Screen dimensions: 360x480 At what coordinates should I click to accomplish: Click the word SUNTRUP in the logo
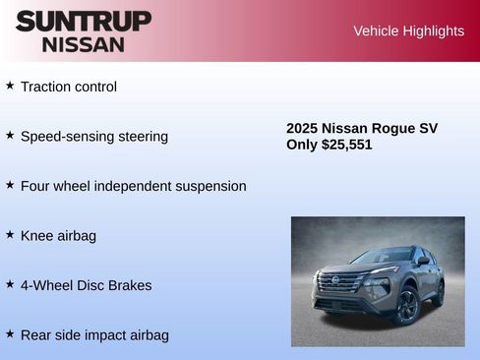coord(83,21)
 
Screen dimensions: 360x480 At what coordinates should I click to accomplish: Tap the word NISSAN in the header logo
coord(83,44)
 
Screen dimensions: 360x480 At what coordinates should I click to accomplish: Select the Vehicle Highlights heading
coord(408,30)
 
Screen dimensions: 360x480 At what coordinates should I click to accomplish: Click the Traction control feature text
coord(68,87)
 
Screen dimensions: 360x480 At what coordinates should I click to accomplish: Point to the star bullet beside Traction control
coord(10,86)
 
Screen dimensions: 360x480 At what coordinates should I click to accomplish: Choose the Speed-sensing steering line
coord(93,137)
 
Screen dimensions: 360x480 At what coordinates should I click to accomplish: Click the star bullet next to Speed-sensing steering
coord(10,135)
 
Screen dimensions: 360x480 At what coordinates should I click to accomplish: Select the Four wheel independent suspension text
coord(133,186)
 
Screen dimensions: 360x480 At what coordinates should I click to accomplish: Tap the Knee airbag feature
coord(58,236)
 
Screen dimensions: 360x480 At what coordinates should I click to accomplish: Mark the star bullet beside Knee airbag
coord(10,234)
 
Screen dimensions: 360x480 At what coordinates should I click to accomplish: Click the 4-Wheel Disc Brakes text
coord(86,285)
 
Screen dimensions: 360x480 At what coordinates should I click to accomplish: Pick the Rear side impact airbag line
coord(94,335)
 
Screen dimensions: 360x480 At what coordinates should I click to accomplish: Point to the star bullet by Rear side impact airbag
coord(10,333)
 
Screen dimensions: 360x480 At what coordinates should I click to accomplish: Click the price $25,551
coord(346,145)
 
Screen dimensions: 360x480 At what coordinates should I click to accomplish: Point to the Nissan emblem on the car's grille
coord(335,281)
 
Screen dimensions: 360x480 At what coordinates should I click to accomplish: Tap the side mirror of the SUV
coord(423,262)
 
